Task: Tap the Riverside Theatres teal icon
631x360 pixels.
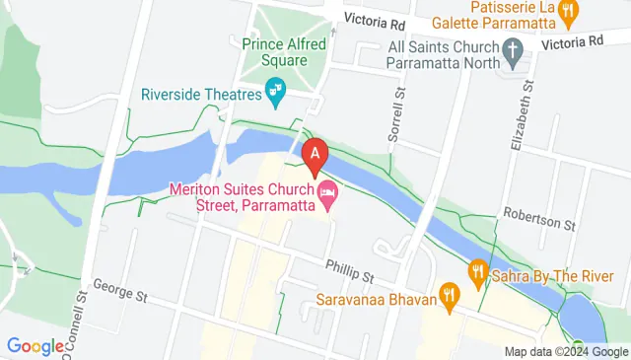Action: pos(277,94)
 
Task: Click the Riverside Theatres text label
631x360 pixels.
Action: pos(202,95)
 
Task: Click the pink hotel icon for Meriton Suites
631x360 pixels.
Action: pos(328,194)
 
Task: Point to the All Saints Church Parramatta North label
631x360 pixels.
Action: pos(439,52)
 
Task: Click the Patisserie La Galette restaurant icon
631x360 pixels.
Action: pos(567,12)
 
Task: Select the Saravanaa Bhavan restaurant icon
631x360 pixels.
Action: pos(450,293)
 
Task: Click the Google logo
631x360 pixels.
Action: pos(36,345)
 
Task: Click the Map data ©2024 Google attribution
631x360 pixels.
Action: pos(566,351)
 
